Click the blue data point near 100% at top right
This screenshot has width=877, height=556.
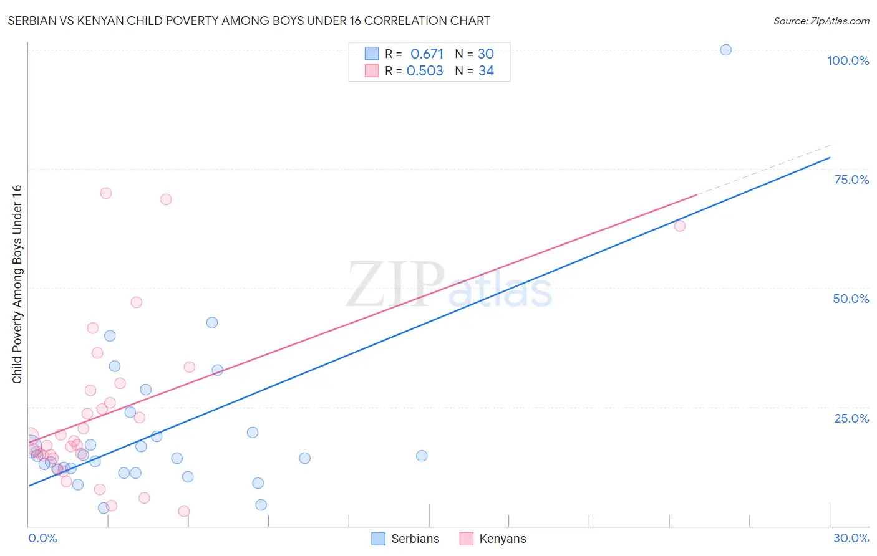click(725, 50)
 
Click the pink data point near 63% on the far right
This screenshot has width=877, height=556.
click(680, 226)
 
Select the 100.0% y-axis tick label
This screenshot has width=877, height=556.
click(848, 60)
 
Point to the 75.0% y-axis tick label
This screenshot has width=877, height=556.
click(851, 180)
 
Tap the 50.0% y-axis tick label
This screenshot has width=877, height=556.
click(851, 299)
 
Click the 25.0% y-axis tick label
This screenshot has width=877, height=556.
click(851, 418)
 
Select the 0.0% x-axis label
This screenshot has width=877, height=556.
click(42, 538)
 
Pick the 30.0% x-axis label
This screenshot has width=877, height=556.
click(851, 538)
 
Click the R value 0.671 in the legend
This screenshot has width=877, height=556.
click(427, 54)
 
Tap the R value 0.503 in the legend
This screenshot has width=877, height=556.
click(425, 71)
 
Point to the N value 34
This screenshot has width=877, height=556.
click(486, 71)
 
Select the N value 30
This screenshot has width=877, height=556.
click(485, 54)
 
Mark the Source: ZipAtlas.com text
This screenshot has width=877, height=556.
click(821, 21)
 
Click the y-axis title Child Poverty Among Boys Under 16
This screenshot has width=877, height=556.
click(17, 284)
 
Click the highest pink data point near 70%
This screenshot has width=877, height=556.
click(106, 193)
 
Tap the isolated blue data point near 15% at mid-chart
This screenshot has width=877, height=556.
click(422, 456)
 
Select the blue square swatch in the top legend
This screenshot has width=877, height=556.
click(372, 54)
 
